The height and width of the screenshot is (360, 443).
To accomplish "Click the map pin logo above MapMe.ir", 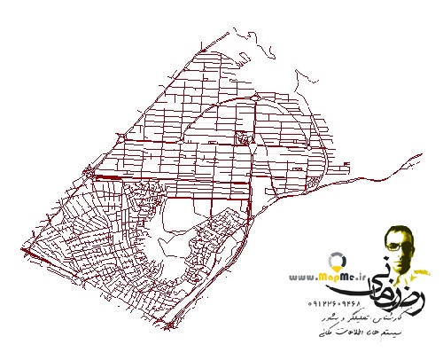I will coord(337,264).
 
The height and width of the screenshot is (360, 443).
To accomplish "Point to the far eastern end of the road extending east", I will coord(419,154).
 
